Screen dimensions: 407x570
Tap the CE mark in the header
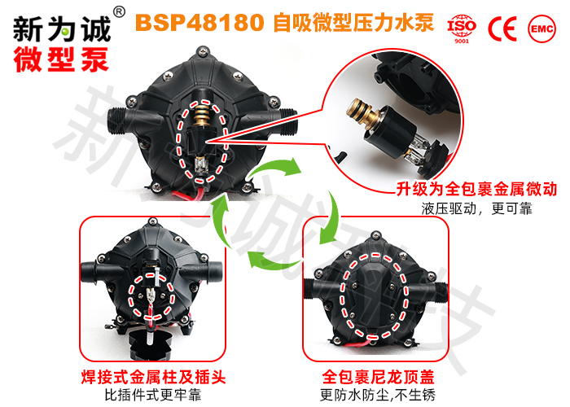[502, 27]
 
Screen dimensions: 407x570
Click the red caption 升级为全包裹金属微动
[476, 190]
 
